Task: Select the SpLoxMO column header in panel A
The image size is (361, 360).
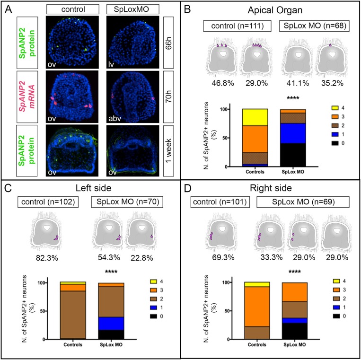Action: pyautogui.click(x=132, y=9)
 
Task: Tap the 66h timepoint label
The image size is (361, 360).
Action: pyautogui.click(x=168, y=43)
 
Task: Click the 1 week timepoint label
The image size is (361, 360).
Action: pyautogui.click(x=168, y=151)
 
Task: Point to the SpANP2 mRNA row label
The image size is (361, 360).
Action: pyautogui.click(x=27, y=97)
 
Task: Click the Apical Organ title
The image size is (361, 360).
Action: pyautogui.click(x=275, y=10)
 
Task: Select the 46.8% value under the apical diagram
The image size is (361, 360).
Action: pyautogui.click(x=223, y=83)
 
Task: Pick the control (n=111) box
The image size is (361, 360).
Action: pyautogui.click(x=238, y=26)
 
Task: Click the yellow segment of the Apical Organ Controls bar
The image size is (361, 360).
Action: pyautogui.click(x=255, y=117)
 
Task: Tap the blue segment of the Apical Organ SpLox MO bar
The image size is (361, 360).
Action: pyautogui.click(x=293, y=133)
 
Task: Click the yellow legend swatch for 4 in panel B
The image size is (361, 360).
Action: pyautogui.click(x=335, y=108)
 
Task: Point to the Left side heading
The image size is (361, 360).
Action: pyautogui.click(x=94, y=188)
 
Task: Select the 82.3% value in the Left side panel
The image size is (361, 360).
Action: pyautogui.click(x=47, y=258)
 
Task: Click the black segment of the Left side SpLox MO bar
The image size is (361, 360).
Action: pyautogui.click(x=111, y=334)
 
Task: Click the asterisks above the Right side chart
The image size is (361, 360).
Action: pyautogui.click(x=295, y=272)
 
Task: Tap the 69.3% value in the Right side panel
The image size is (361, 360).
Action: pyautogui.click(x=223, y=257)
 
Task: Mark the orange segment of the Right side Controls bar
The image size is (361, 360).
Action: pyautogui.click(x=257, y=307)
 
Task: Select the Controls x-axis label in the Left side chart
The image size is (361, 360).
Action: pyautogui.click(x=73, y=345)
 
